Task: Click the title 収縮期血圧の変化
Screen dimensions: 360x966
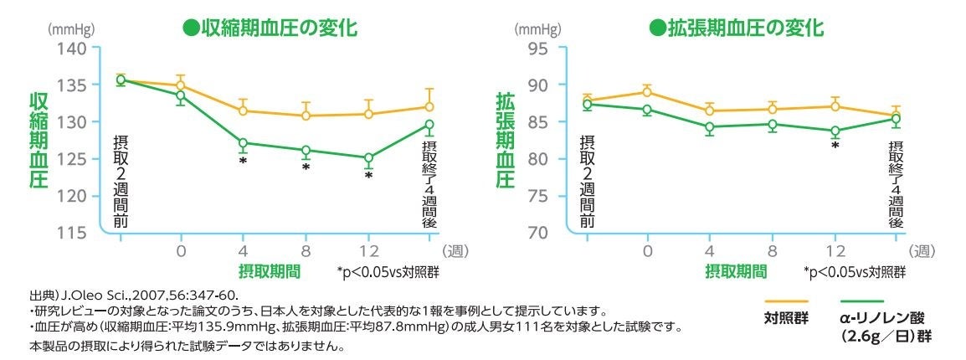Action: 270,28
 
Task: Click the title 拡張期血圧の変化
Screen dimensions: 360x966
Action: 737,28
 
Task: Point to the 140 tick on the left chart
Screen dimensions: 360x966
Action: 71,48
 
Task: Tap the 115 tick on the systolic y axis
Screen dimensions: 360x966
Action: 71,232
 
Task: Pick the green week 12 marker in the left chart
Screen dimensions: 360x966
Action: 368,157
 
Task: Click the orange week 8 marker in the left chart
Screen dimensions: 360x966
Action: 306,116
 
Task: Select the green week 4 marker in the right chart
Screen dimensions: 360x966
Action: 709,127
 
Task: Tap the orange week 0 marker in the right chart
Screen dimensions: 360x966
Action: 647,92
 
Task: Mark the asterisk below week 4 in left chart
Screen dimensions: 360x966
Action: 243,162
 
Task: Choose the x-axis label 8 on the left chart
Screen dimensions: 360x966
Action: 306,251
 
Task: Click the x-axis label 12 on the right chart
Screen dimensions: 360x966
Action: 835,251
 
